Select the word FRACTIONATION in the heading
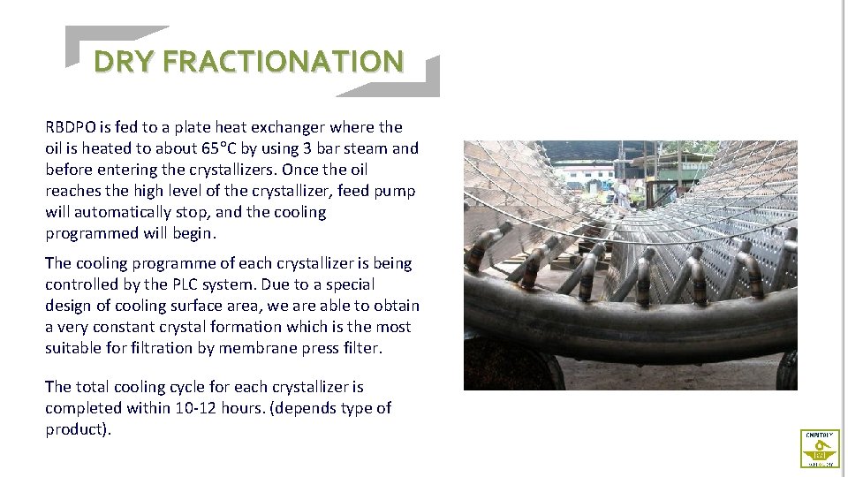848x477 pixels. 284,61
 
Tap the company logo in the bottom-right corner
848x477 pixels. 820,448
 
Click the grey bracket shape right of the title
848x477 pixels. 415,81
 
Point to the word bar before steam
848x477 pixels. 333,148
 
